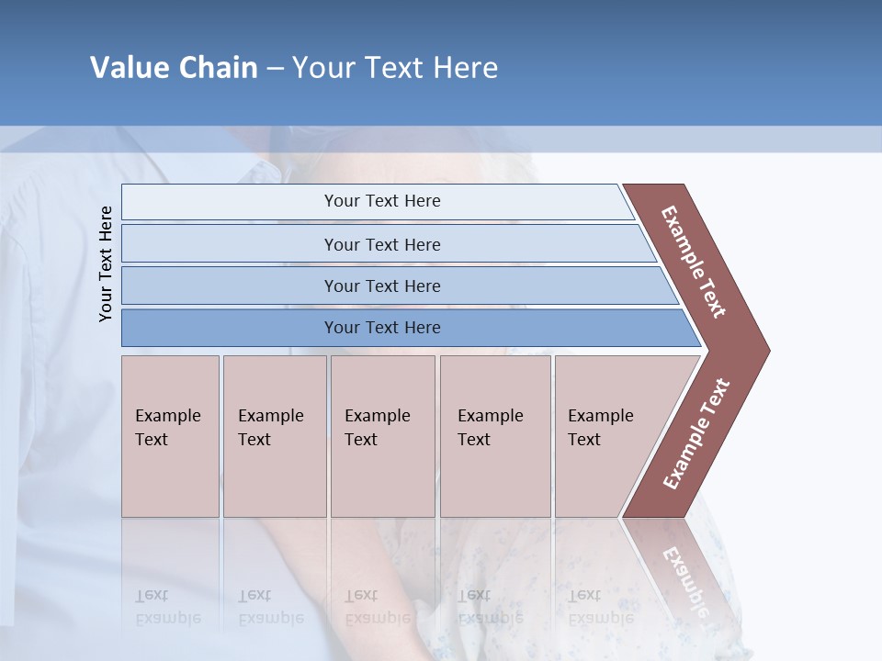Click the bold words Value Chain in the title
pyautogui.click(x=174, y=68)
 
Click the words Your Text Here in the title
pyautogui.click(x=395, y=68)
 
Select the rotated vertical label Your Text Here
pyautogui.click(x=106, y=263)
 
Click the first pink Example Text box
pyautogui.click(x=170, y=436)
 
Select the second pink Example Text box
pyautogui.click(x=275, y=436)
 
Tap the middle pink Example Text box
pyautogui.click(x=382, y=436)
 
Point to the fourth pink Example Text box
pyautogui.click(x=495, y=436)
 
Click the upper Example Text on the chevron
pyautogui.click(x=694, y=262)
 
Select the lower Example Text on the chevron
pyautogui.click(x=696, y=434)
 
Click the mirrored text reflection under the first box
pyautogui.click(x=167, y=607)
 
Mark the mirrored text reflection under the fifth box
pyautogui.click(x=599, y=607)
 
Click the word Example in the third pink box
pyautogui.click(x=377, y=416)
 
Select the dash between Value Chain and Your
pyautogui.click(x=275, y=69)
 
